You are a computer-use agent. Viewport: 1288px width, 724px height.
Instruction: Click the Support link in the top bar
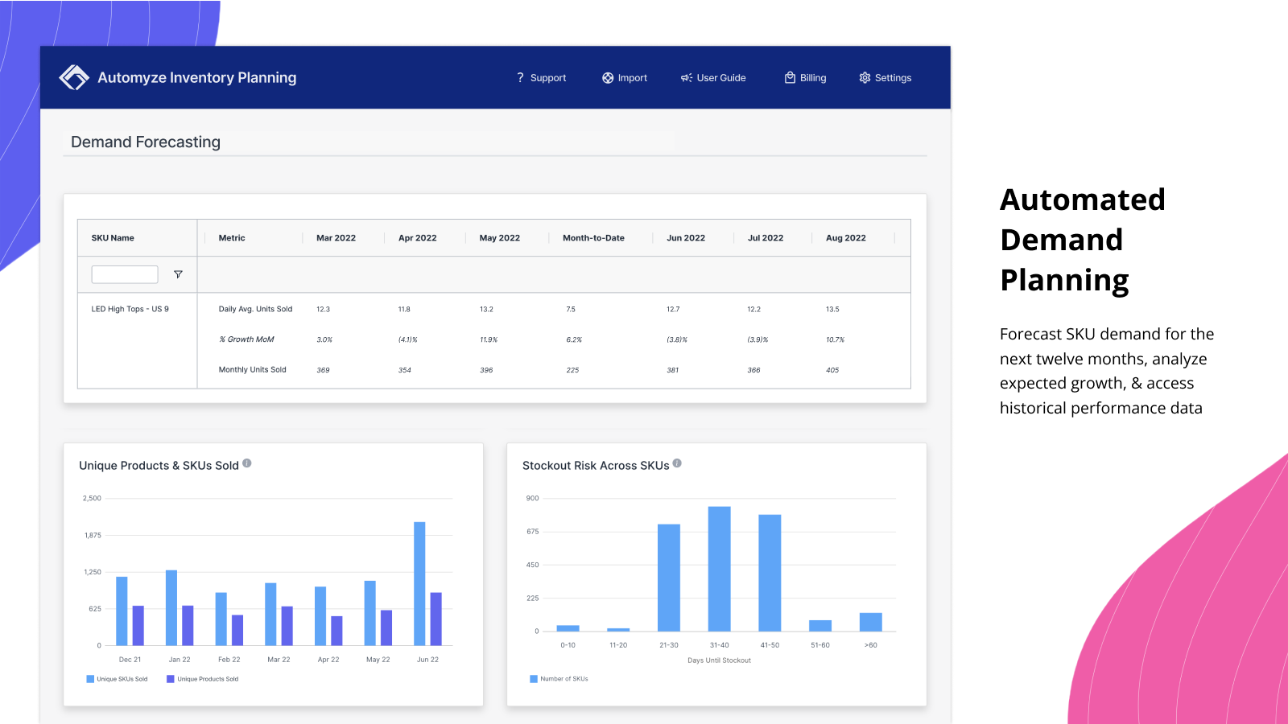pyautogui.click(x=542, y=78)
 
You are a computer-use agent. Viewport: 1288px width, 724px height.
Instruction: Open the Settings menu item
pyautogui.click(x=885, y=78)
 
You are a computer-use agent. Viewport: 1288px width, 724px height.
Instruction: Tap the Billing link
pyautogui.click(x=806, y=78)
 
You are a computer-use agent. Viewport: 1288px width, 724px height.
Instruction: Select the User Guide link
pyautogui.click(x=713, y=78)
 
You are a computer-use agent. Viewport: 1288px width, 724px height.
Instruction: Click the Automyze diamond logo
pyautogui.click(x=74, y=77)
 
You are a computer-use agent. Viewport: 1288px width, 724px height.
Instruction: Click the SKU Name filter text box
pyautogui.click(x=125, y=274)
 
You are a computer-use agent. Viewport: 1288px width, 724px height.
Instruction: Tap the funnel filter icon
pyautogui.click(x=178, y=274)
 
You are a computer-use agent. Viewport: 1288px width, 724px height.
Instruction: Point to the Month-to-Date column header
pyautogui.click(x=593, y=238)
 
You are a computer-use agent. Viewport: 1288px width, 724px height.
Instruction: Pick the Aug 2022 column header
pyautogui.click(x=845, y=238)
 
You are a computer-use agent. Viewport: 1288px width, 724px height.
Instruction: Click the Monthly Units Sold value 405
pyautogui.click(x=832, y=370)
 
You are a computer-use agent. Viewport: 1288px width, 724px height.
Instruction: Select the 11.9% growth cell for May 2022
pyautogui.click(x=489, y=339)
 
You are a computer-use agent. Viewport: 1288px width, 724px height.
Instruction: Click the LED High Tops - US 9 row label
pyautogui.click(x=130, y=309)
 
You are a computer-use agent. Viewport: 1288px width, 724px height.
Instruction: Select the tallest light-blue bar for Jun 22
pyautogui.click(x=419, y=583)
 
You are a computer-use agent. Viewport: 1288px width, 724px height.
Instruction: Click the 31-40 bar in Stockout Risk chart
pyautogui.click(x=719, y=569)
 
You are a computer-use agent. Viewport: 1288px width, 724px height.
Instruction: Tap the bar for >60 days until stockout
pyautogui.click(x=870, y=622)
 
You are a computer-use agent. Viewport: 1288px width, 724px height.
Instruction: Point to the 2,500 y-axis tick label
pyautogui.click(x=92, y=499)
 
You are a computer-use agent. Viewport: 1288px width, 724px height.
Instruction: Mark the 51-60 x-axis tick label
pyautogui.click(x=819, y=645)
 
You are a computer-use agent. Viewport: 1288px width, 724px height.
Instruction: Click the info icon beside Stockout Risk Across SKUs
pyautogui.click(x=677, y=463)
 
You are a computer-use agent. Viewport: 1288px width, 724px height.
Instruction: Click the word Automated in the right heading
pyautogui.click(x=1082, y=200)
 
